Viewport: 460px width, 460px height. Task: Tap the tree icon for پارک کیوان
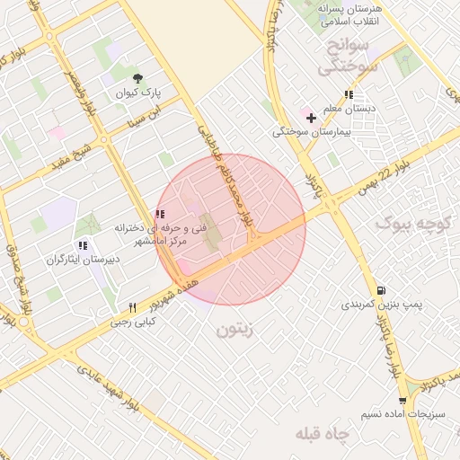click(x=137, y=78)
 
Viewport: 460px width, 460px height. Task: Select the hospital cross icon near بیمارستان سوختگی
click(x=312, y=118)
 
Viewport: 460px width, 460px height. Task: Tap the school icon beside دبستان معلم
click(x=348, y=93)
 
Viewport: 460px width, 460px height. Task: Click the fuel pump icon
click(x=382, y=290)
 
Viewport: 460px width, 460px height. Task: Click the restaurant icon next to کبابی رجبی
click(x=133, y=307)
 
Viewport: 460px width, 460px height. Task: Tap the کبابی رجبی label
click(x=134, y=321)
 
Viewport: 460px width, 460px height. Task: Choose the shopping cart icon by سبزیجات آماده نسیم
click(x=403, y=401)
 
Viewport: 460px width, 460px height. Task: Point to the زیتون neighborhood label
click(x=236, y=330)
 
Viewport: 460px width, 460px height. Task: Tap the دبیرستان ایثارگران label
click(x=82, y=259)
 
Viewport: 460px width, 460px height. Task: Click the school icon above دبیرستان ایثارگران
click(x=83, y=245)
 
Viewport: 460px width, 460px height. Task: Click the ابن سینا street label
click(x=146, y=115)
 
